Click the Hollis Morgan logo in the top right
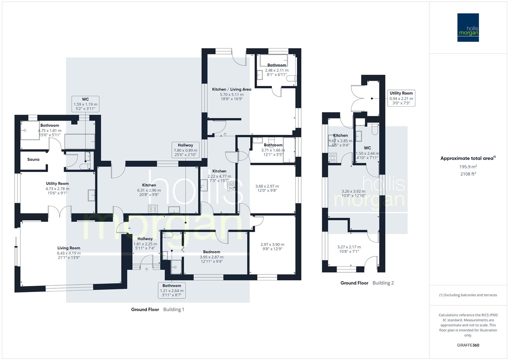coord(468,27)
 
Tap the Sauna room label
coord(33,159)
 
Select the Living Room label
coord(69,248)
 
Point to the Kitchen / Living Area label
coord(232,89)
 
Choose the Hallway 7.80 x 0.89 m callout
coord(185,150)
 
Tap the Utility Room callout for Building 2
coord(401,98)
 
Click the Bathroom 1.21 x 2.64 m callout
coord(172,290)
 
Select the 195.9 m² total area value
coord(468,167)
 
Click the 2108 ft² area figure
coord(468,174)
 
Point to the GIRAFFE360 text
coord(468,345)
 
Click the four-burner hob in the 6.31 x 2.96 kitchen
coord(153,209)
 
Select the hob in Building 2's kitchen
coord(332,158)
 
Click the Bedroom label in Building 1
coord(212,252)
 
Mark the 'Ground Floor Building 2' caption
coord(367,283)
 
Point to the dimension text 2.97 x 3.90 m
coord(272,244)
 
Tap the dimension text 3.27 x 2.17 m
coord(349,247)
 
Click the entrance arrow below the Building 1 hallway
coord(147,269)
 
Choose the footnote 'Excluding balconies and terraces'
coord(468,295)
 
